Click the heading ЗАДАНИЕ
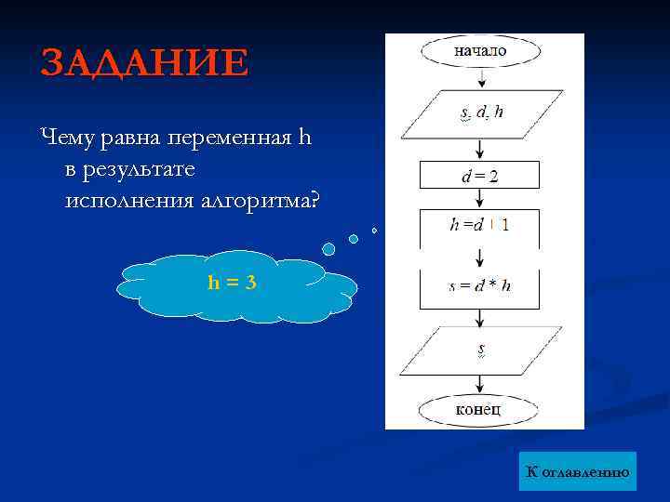point(144,63)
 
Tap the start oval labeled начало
point(479,51)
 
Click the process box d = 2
point(479,176)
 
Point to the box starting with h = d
point(479,225)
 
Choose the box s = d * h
point(479,286)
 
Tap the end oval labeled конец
point(479,409)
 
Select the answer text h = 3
point(232,283)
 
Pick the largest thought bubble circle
point(328,248)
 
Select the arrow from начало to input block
point(479,79)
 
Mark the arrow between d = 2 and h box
point(479,199)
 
